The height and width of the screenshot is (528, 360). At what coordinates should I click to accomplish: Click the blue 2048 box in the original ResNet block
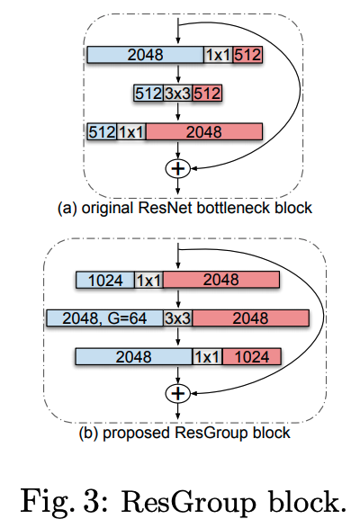pyautogui.click(x=145, y=56)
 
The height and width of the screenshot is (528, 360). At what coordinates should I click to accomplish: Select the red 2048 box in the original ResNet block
pyautogui.click(x=203, y=132)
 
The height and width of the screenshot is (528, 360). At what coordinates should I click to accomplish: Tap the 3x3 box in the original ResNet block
pyautogui.click(x=177, y=94)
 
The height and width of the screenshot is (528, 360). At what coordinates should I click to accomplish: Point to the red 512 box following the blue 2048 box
pyautogui.click(x=247, y=56)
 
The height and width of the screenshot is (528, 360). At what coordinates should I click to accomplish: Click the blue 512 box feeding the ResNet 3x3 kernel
pyautogui.click(x=148, y=94)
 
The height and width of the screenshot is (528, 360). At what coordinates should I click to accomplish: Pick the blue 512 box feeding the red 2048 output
pyautogui.click(x=102, y=132)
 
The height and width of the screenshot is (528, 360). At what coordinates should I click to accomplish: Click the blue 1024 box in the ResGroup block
pyautogui.click(x=104, y=281)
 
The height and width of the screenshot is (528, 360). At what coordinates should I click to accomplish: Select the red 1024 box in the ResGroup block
pyautogui.click(x=250, y=357)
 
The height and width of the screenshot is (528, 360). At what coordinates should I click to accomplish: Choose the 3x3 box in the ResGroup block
pyautogui.click(x=176, y=318)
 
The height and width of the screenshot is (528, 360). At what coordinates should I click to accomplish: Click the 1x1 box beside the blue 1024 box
pyautogui.click(x=148, y=281)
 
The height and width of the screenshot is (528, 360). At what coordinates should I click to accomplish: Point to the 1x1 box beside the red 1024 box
pyautogui.click(x=206, y=357)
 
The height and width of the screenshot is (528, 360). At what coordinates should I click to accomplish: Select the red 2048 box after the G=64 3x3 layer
pyautogui.click(x=250, y=318)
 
